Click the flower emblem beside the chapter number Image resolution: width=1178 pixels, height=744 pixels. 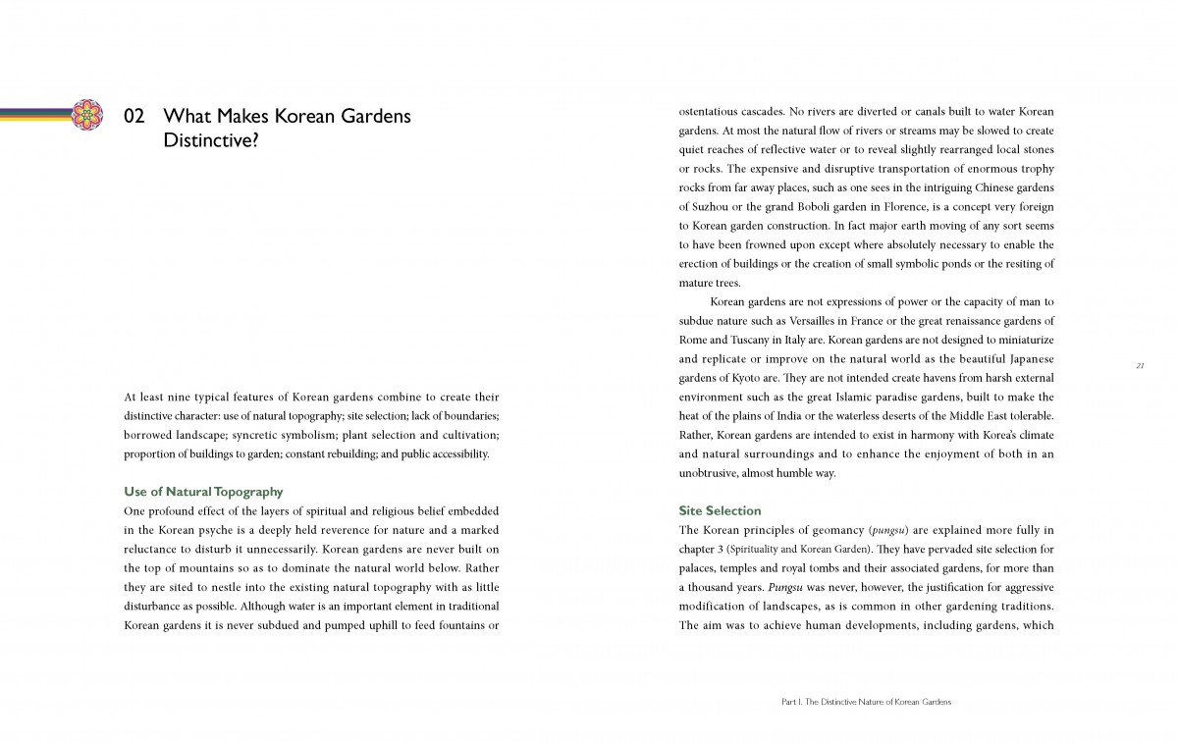tap(88, 114)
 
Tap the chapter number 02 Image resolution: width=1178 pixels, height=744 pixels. tap(134, 116)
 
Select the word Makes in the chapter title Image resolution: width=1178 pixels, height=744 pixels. tap(240, 116)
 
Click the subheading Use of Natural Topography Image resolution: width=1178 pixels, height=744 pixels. tap(203, 491)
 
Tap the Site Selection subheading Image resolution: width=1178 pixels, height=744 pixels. tap(720, 510)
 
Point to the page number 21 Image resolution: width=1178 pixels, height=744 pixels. tap(1140, 365)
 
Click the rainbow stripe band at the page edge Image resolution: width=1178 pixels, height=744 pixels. tap(34, 114)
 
